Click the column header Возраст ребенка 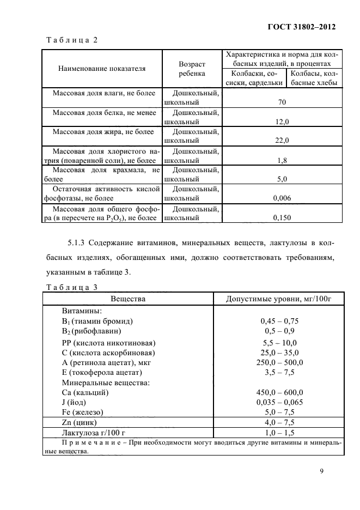tap(192, 69)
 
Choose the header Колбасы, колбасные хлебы tap(315, 78)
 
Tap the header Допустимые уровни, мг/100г tap(279, 299)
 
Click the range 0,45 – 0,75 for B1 tap(280, 321)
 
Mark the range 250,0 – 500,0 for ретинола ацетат tap(280, 362)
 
